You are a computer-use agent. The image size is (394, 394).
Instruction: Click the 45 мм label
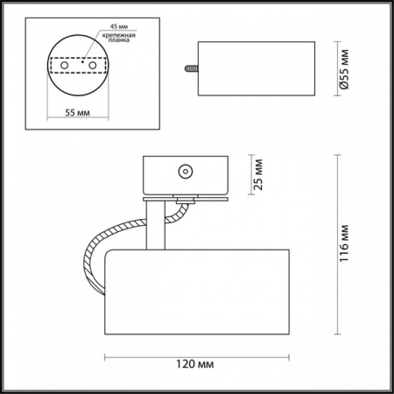click(119, 26)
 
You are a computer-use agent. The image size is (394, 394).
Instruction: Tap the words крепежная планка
click(118, 38)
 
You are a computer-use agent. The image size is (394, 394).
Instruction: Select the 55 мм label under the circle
click(77, 113)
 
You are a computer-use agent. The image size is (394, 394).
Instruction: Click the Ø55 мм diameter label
click(344, 69)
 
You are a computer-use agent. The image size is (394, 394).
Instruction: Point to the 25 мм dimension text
click(258, 174)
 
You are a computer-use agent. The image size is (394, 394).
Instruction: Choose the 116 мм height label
click(344, 243)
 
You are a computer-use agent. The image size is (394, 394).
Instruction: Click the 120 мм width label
click(194, 364)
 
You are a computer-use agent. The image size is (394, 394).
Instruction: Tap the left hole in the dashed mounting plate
click(65, 65)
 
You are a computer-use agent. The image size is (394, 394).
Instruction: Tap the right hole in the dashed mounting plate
click(93, 65)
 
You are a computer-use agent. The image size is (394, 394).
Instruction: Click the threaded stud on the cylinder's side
click(192, 68)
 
